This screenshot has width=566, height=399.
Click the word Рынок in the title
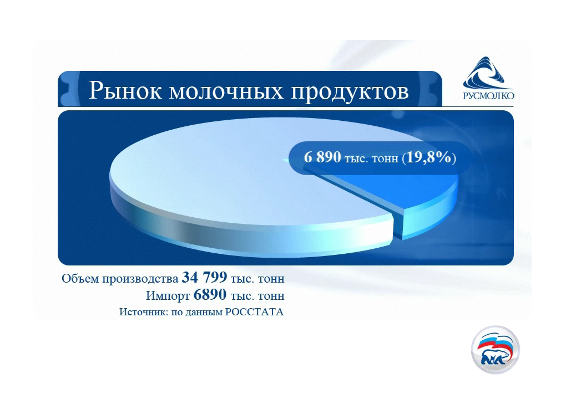[125, 90]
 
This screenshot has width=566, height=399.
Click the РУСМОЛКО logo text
[488, 95]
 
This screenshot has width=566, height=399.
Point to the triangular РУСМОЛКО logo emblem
[487, 73]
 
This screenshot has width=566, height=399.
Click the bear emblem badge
[495, 350]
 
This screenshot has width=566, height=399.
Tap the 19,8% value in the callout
[429, 157]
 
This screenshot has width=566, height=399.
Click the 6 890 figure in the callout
[322, 157]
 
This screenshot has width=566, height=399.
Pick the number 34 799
[204, 278]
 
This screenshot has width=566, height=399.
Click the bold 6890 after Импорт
[210, 295]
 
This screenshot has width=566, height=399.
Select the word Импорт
[168, 296]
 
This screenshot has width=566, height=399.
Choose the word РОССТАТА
[255, 312]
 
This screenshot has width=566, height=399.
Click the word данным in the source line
[204, 313]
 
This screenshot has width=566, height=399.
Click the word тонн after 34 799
[271, 279]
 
